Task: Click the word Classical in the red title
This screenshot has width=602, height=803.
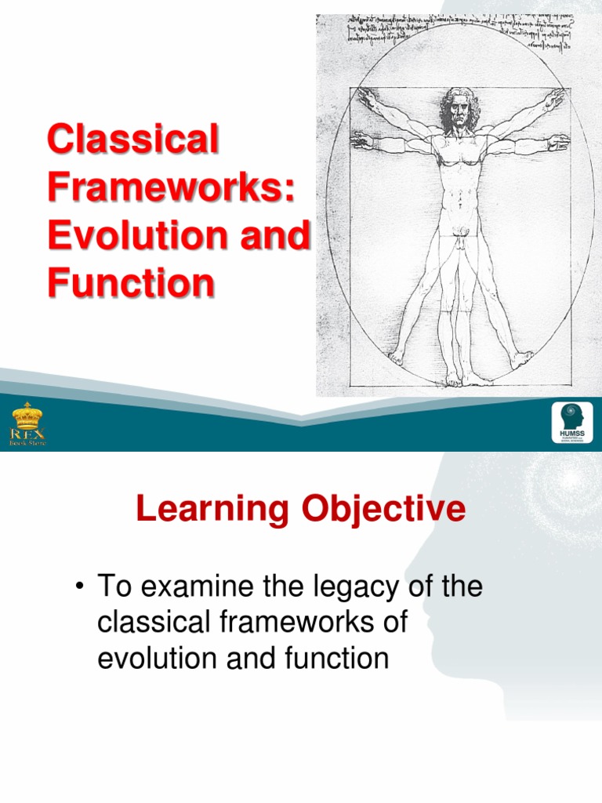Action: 132,141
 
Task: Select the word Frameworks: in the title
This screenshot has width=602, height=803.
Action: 172,188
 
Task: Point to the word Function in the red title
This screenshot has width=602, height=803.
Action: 130,282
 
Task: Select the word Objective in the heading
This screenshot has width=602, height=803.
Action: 383,511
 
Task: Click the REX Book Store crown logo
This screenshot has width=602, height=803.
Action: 27,424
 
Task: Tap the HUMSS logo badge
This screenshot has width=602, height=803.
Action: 572,423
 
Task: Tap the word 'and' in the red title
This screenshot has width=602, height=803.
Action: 281,235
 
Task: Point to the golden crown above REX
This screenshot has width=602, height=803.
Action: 27,414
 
